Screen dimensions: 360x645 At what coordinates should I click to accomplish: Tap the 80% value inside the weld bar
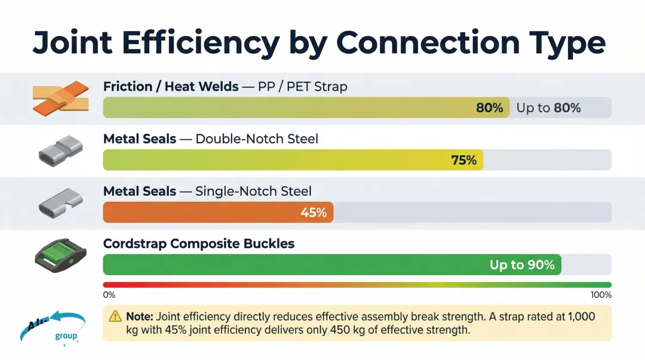pos(490,108)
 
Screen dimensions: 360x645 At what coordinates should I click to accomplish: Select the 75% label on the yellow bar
pos(463,160)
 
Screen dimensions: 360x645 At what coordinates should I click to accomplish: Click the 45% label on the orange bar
pos(314,212)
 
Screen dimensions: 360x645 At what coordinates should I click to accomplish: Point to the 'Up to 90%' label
pos(522,264)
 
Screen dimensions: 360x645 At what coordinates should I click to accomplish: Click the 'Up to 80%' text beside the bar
pos(548,108)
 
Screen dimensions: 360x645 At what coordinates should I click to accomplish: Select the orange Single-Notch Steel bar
pos(218,212)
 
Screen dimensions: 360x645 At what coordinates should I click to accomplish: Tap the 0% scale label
pos(109,295)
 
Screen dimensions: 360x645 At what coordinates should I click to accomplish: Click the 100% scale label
pos(601,295)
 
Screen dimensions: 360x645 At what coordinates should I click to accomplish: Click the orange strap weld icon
pos(60,98)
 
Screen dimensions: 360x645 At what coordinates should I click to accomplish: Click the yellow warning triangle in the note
pos(115,316)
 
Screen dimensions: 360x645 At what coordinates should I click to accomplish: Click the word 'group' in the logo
pos(66,336)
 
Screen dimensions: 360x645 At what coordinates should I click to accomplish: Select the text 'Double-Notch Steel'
pos(257,139)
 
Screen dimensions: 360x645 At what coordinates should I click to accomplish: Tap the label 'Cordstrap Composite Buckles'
pos(199,244)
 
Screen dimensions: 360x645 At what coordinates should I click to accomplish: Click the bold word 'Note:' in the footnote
pos(140,316)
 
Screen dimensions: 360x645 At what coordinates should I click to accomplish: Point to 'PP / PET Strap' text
pos(302,87)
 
